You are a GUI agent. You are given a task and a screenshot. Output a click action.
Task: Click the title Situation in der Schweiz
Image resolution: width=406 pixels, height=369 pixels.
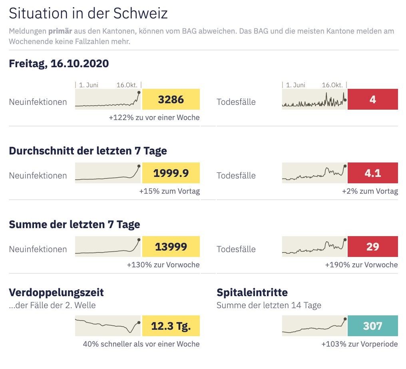point(88,14)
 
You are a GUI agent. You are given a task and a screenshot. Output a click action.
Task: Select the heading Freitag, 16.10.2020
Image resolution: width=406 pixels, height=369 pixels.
point(59,64)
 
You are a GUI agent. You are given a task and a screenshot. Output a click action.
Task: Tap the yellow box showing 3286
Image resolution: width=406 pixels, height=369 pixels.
point(171,99)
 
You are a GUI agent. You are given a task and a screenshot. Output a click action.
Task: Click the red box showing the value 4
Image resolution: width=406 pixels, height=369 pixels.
point(372,99)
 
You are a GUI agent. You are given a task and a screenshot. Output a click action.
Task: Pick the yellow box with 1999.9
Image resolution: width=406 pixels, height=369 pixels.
point(171,173)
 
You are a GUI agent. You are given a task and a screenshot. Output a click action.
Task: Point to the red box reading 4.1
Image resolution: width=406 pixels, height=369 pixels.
point(372,173)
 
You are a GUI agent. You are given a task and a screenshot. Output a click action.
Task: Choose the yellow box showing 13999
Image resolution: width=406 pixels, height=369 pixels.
point(171,247)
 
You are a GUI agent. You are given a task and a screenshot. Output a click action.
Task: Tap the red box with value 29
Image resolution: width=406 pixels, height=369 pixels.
point(372,247)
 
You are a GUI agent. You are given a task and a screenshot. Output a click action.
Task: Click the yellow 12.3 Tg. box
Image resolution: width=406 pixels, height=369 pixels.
point(171,326)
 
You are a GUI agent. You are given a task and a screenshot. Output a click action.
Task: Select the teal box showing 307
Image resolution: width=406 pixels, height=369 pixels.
point(372,326)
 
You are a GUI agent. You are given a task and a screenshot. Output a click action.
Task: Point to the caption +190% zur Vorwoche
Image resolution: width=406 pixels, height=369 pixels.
point(361,265)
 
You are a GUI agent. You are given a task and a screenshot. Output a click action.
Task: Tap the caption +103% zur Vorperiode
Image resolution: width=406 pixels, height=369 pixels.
point(359,344)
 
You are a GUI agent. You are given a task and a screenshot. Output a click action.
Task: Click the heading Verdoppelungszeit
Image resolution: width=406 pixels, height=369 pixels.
point(56,293)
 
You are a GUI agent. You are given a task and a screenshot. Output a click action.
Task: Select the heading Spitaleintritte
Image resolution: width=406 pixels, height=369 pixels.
point(252,293)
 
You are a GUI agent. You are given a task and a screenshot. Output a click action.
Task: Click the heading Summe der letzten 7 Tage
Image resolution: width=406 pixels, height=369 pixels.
point(74,225)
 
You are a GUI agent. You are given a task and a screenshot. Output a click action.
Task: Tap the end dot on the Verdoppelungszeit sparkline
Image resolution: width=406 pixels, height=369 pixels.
point(139,322)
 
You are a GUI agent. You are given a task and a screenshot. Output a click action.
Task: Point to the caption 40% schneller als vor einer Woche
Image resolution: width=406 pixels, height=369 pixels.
point(141,344)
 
